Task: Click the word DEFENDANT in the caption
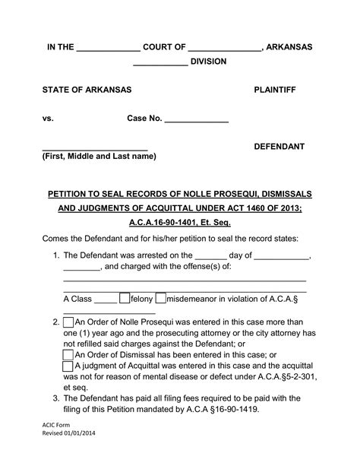coord(279,145)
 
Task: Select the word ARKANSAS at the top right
coord(289,47)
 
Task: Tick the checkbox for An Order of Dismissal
coord(68,354)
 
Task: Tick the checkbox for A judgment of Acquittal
coord(68,366)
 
